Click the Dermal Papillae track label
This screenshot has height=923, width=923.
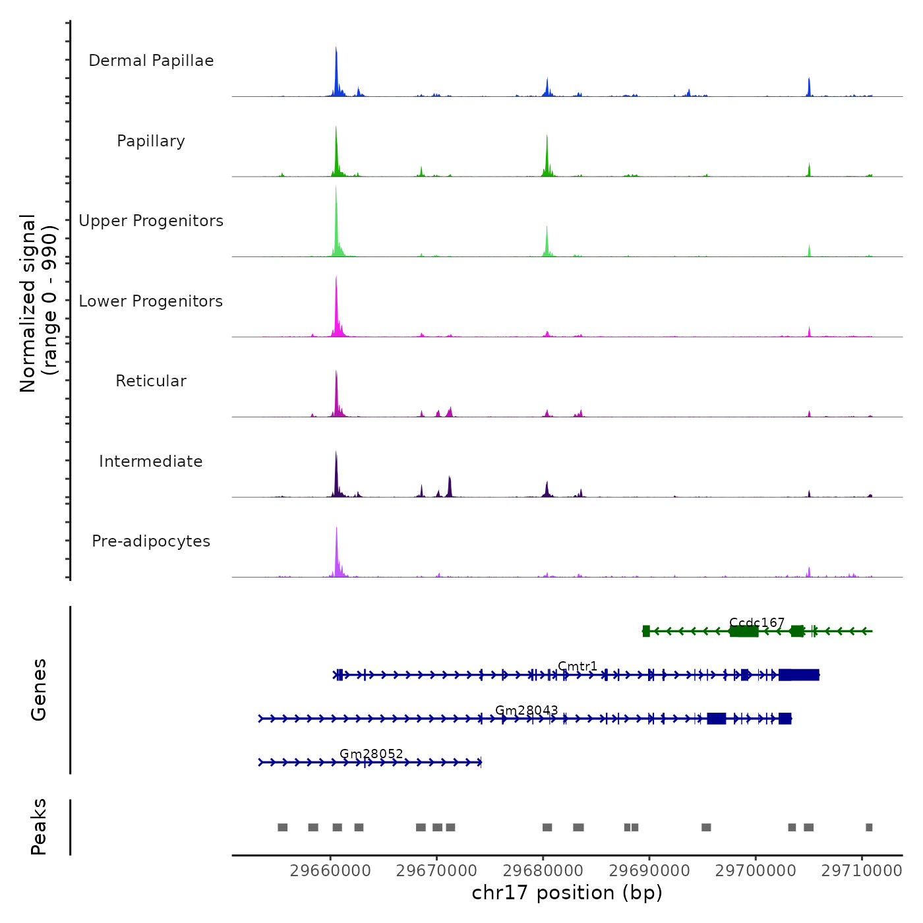click(151, 61)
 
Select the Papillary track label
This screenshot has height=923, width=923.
click(151, 141)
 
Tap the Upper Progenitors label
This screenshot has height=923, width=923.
click(151, 221)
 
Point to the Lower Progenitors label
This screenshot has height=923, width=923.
click(151, 301)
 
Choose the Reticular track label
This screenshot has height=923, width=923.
click(151, 381)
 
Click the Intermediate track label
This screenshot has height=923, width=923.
click(151, 461)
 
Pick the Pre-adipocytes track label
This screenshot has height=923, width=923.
click(151, 541)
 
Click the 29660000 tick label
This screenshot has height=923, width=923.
click(330, 870)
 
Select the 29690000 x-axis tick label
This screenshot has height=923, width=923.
click(649, 870)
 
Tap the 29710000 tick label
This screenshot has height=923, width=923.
click(862, 870)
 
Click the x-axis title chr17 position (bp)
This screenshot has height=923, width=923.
click(567, 893)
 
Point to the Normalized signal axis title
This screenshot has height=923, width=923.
click(38, 303)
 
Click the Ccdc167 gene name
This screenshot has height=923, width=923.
click(757, 622)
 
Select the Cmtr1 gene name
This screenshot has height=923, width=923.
click(578, 666)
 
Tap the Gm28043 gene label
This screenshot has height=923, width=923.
click(527, 710)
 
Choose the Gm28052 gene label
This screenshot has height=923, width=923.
click(371, 754)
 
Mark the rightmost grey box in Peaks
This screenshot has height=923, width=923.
click(869, 827)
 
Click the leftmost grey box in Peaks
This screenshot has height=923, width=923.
click(282, 827)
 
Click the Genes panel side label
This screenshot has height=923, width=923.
click(38, 690)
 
